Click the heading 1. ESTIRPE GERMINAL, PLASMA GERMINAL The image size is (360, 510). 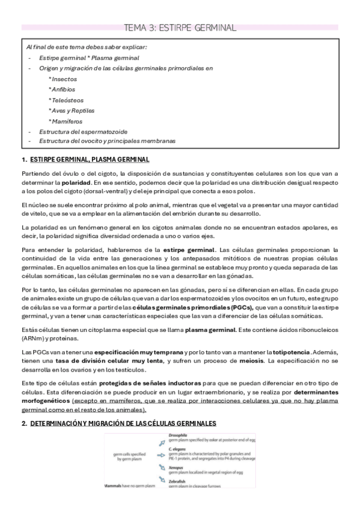[x=85, y=159]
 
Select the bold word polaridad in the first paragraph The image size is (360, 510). [x=76, y=181]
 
